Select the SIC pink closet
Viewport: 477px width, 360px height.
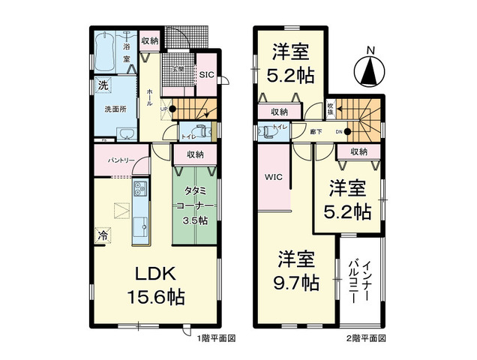205,73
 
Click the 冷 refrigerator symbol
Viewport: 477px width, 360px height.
103,235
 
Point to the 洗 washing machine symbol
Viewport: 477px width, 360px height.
103,85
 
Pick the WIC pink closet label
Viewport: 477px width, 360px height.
272,178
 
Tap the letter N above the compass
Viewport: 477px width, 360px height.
369,50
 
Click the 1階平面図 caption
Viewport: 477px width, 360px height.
217,339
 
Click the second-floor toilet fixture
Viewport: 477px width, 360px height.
266,130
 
